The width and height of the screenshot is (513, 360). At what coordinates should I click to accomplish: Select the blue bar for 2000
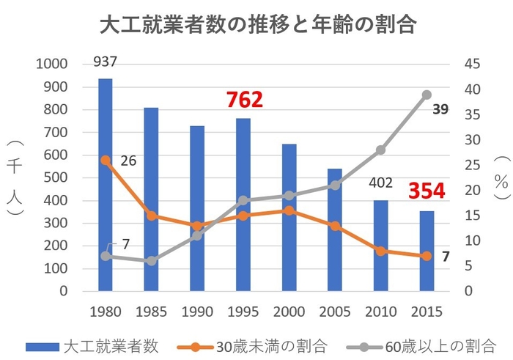[289, 220]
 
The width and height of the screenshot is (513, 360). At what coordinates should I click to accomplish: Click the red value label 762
[244, 100]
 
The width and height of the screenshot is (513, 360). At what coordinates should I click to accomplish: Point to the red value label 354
[427, 191]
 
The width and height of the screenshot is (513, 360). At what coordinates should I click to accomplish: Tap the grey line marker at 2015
[427, 95]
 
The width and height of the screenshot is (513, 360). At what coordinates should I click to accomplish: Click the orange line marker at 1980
[106, 160]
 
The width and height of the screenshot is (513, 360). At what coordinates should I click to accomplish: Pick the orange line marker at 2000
[289, 210]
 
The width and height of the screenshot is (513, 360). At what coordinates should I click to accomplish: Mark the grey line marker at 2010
[381, 150]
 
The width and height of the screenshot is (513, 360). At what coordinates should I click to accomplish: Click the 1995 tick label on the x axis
[243, 312]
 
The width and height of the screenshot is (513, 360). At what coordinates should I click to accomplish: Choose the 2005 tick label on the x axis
[335, 312]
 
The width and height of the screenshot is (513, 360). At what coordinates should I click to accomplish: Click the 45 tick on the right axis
[473, 65]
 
